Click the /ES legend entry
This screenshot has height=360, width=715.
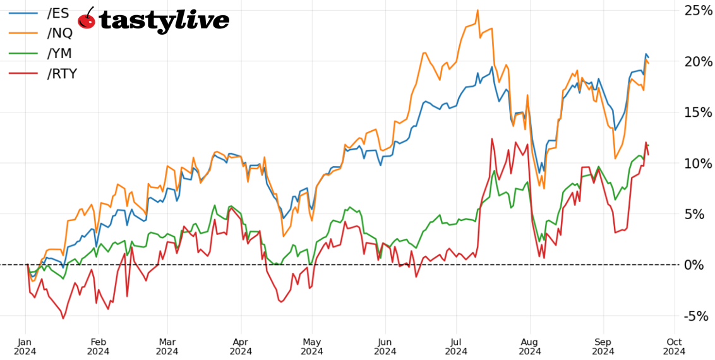pos(57,13)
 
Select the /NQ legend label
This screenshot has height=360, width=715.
pos(59,33)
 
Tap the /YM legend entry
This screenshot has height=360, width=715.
pos(59,54)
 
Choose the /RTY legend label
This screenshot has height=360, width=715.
pos(62,74)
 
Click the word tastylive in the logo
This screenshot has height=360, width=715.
pos(164,21)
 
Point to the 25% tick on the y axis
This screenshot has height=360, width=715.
pos(698,11)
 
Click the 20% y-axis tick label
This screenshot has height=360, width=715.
pos(698,62)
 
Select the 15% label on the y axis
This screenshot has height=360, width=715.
pos(698,112)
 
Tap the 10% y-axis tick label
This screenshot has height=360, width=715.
pos(698,164)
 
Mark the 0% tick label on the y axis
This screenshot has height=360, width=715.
pos(694,265)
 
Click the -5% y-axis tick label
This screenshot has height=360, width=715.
pos(696,316)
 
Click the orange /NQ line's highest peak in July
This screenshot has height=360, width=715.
pos(478,10)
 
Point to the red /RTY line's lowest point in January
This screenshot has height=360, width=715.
pos(63,318)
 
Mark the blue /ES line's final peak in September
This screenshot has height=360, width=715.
pos(646,54)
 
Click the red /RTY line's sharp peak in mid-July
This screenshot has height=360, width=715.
pos(491,139)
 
